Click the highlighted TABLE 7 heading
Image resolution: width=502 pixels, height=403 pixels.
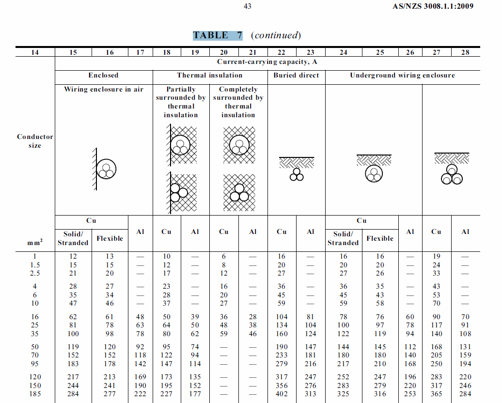(x=218, y=35)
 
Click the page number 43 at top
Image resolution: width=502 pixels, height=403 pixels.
(x=247, y=6)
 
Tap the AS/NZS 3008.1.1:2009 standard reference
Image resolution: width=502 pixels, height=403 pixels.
(x=433, y=6)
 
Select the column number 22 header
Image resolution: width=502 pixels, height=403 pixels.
(x=282, y=52)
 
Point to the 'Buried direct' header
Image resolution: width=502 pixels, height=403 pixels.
(x=296, y=76)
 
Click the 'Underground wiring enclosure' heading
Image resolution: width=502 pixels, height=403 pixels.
(x=402, y=76)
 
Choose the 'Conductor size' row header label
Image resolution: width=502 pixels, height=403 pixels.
(x=35, y=141)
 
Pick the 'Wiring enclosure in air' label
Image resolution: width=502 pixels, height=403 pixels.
(x=104, y=90)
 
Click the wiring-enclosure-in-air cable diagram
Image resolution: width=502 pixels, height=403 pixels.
(x=106, y=169)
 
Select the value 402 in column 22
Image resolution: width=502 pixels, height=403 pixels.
(x=282, y=394)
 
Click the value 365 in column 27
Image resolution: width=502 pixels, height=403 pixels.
(x=437, y=394)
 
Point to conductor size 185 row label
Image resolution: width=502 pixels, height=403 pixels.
(x=35, y=394)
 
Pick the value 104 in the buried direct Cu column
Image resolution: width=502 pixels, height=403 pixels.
(x=282, y=317)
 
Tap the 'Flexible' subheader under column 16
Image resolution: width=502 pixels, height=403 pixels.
(x=110, y=238)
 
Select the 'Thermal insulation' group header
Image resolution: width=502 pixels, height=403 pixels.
(x=210, y=76)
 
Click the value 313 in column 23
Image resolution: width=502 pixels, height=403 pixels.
(x=311, y=394)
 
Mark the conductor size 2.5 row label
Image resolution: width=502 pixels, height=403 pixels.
(x=35, y=273)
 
